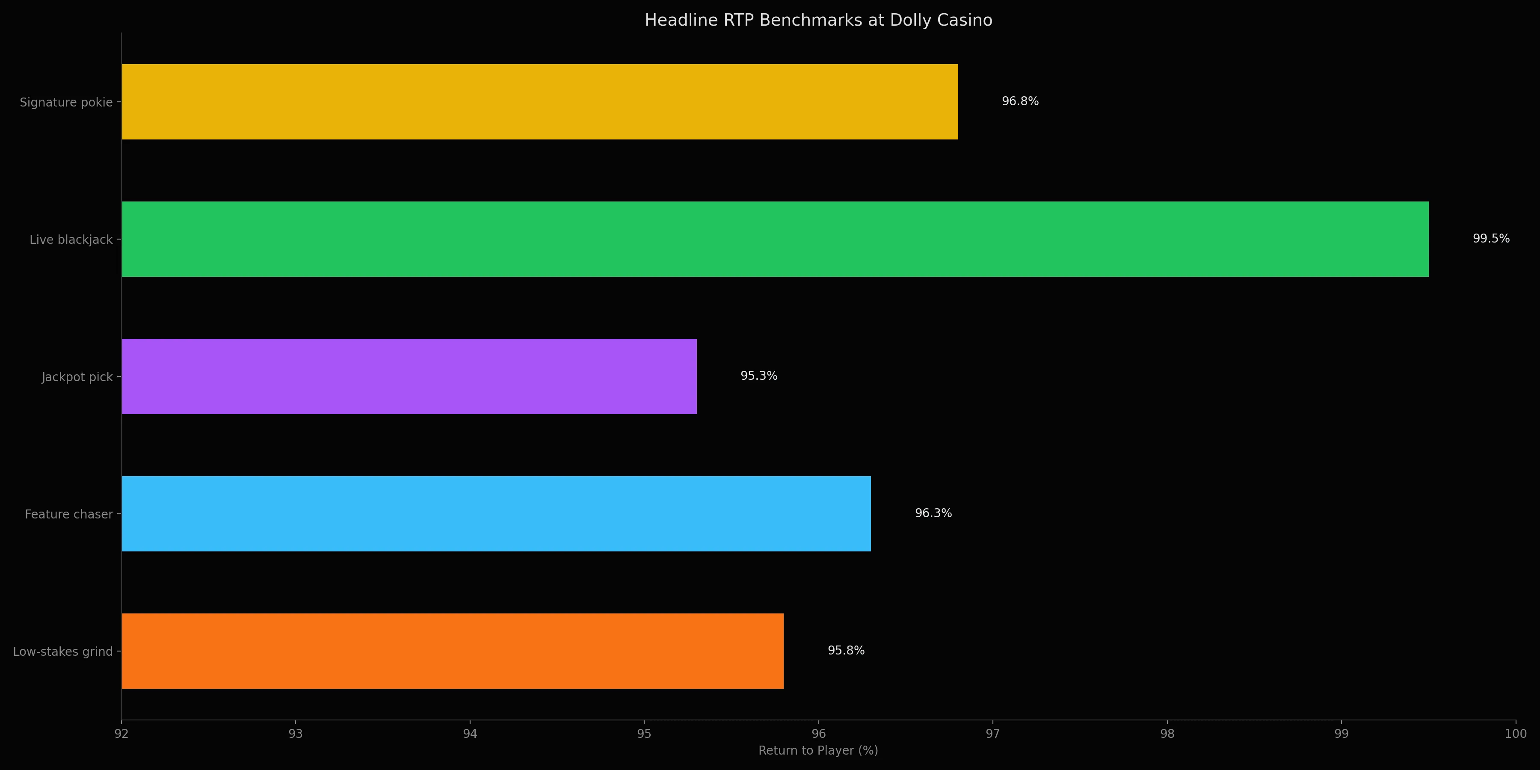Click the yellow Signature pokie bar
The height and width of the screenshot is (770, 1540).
point(539,102)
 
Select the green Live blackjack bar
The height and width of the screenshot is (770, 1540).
point(775,239)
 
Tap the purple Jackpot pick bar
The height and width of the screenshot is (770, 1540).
point(409,376)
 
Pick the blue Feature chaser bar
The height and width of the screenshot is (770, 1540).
point(496,513)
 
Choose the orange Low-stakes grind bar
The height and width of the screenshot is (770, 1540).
point(453,651)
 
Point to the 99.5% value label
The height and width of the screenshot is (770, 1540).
point(1490,239)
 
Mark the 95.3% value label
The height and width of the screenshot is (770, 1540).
point(758,376)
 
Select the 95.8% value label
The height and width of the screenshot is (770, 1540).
point(845,650)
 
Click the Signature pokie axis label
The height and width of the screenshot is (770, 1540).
point(66,102)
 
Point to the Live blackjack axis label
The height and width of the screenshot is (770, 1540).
point(71,240)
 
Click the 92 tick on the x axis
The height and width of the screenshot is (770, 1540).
point(121,734)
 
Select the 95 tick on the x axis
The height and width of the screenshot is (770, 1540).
point(644,734)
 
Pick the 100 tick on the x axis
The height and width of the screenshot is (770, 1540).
point(1515,734)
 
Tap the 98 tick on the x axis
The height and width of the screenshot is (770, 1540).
point(1167,734)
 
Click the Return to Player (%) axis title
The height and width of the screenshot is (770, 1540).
point(818,750)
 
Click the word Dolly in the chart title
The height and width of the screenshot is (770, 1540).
point(910,21)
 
